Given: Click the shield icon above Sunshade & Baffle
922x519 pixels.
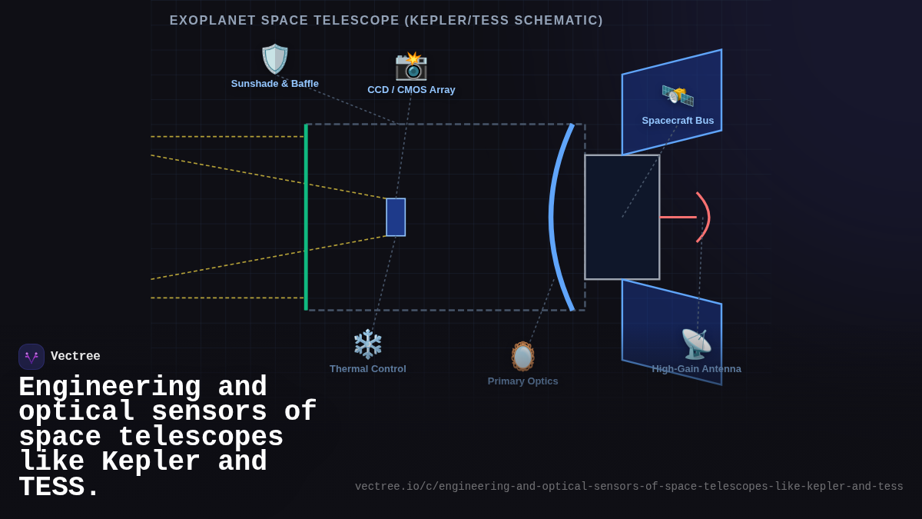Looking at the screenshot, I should click(x=274, y=59).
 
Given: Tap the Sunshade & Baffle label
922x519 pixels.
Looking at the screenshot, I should click(x=275, y=84).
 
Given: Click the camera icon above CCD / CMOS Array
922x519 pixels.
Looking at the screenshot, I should click(x=411, y=65).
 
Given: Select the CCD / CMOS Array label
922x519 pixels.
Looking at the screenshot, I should click(x=411, y=90).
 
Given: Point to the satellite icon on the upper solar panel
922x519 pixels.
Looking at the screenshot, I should click(x=678, y=95).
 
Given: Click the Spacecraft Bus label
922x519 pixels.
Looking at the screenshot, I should click(x=678, y=121).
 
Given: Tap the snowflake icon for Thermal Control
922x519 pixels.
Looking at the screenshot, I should click(x=368, y=344).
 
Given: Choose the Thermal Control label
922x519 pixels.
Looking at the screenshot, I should click(x=368, y=369).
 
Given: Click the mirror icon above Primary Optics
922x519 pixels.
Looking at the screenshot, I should click(x=523, y=356).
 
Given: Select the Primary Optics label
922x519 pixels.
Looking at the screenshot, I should click(x=523, y=381).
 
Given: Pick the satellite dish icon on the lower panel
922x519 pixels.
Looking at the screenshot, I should click(x=696, y=344).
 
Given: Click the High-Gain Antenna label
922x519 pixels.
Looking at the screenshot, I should click(x=696, y=369).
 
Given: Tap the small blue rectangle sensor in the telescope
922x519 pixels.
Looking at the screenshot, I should click(x=396, y=217).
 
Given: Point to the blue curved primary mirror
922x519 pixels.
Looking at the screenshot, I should click(x=553, y=217).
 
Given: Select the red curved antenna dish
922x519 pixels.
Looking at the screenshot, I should click(x=705, y=217).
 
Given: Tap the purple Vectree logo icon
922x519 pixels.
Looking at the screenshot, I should click(x=32, y=357).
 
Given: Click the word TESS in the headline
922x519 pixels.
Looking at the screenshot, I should click(x=58, y=488).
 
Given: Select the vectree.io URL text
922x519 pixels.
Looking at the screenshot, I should click(x=628, y=487).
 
